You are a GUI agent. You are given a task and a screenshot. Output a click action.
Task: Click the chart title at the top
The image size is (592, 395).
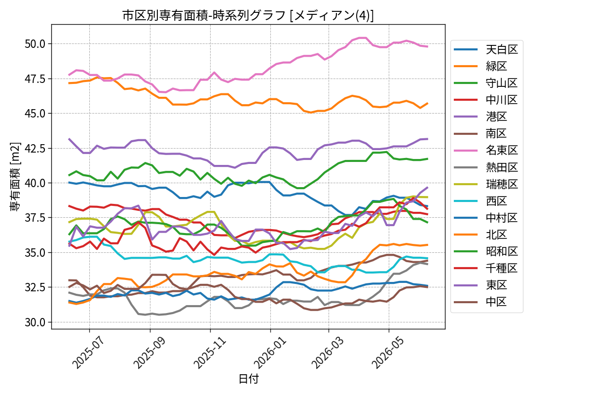[248, 15]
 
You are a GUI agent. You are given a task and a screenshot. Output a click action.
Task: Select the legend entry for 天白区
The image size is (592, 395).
[486, 49]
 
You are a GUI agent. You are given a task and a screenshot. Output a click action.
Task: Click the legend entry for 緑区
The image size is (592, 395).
[481, 66]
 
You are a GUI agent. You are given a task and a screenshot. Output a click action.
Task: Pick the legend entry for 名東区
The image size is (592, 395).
[486, 150]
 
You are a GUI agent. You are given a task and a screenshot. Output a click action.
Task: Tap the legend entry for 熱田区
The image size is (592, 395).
[486, 167]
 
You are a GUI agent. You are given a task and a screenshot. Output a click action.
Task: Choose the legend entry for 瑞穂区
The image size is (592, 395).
[486, 184]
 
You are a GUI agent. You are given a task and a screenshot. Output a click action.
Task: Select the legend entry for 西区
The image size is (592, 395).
[481, 201]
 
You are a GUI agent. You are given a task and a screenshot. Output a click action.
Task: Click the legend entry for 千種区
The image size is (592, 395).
[486, 268]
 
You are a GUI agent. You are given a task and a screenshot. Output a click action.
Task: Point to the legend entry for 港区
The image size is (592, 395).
[481, 117]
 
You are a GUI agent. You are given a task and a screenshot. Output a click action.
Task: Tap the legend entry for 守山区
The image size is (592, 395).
[486, 83]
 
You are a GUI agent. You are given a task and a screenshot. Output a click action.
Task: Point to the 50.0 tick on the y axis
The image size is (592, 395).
[35, 44]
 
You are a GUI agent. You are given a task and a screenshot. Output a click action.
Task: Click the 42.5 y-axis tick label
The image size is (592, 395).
[35, 149]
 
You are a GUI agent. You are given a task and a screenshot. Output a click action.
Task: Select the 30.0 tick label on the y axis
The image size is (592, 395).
[35, 322]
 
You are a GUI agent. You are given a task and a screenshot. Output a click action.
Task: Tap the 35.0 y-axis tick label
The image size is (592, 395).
[35, 253]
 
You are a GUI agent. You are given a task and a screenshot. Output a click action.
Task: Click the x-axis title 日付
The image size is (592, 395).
[249, 379]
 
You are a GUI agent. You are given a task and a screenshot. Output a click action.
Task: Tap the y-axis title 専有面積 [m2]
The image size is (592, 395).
[15, 177]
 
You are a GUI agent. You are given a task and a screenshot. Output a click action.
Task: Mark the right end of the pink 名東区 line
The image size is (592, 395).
[428, 46]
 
